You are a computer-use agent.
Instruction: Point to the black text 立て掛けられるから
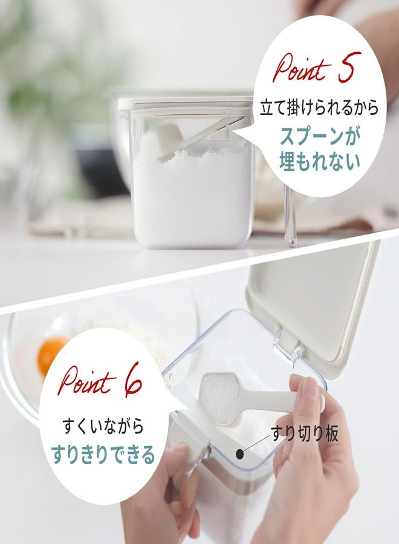coord(319,108)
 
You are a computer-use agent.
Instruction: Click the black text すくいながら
coord(103,426)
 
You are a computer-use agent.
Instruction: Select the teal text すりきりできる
coord(103,455)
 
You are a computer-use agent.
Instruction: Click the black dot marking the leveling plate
coord(240,453)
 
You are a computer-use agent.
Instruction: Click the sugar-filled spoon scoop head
coord(220,398)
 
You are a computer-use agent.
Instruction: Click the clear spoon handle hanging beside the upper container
coord(290,215)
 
